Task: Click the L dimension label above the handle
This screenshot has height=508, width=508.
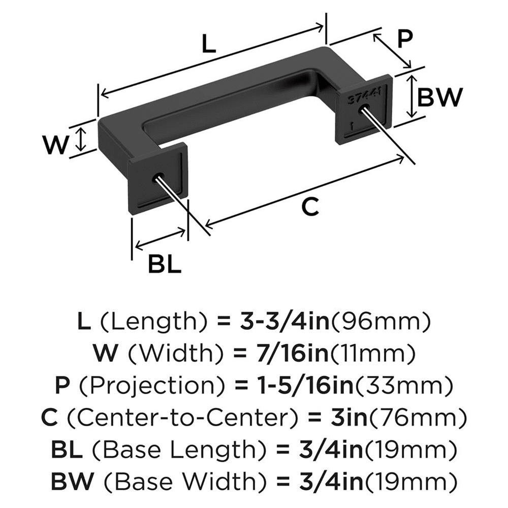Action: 208,45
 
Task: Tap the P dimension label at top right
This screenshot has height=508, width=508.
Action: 404,40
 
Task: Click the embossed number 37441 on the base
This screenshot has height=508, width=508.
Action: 363,96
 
